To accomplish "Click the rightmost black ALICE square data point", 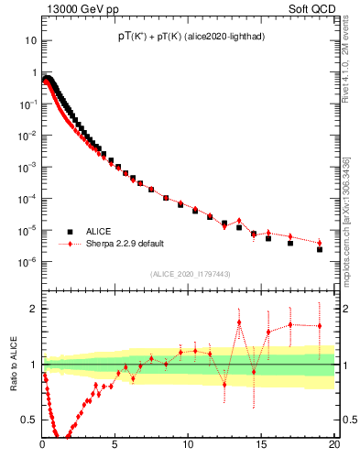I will point(320,249).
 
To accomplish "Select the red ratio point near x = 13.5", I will point(239,322).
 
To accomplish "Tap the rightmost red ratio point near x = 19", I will point(320,326).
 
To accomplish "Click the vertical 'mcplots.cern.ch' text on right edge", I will point(346,211).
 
